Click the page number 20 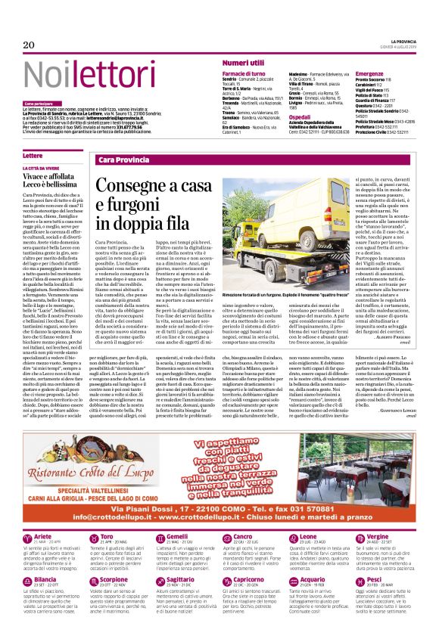(x=30, y=45)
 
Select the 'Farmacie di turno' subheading (x=245, y=73)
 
